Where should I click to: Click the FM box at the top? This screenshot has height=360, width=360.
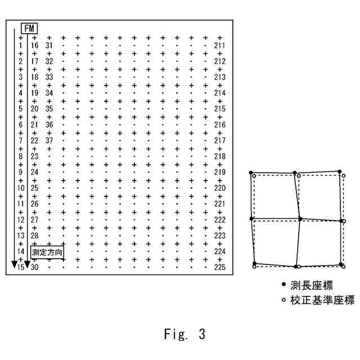point(29,28)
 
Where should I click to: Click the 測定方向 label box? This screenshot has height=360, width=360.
point(47,252)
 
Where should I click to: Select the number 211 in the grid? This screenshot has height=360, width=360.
point(220,45)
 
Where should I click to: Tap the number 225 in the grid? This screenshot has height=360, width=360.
point(220,267)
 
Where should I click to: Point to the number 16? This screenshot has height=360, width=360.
point(34,45)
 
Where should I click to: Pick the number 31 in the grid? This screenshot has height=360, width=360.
point(49,45)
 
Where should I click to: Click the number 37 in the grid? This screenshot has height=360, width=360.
point(49,140)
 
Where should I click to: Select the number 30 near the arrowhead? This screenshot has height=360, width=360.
point(34,267)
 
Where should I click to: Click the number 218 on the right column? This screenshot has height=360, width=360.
point(220,156)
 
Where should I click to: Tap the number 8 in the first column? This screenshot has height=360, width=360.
point(20,156)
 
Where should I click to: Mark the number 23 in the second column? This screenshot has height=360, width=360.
point(34,156)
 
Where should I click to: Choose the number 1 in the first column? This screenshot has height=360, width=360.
point(20,45)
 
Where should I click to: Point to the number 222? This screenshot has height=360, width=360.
point(220,219)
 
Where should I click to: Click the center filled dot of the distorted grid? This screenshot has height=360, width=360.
point(300,218)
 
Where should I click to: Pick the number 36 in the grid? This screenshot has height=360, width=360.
point(49,124)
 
